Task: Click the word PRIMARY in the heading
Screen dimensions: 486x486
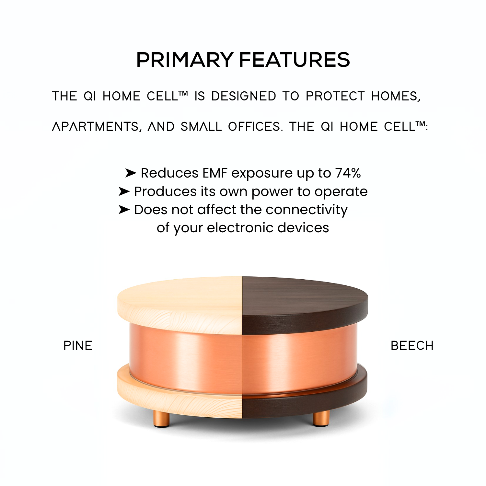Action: pos(184,60)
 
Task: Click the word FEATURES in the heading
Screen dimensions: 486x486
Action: pos(295,60)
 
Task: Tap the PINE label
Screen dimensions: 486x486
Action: pos(78,346)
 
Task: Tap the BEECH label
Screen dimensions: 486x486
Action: pos(412,346)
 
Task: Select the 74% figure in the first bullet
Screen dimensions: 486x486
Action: pos(348,173)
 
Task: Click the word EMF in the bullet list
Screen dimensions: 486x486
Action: pos(215,173)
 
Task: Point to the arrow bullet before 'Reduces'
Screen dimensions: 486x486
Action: pos(131,173)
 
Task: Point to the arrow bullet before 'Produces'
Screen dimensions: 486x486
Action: pos(124,191)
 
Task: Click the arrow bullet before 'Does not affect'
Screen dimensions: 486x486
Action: pos(124,210)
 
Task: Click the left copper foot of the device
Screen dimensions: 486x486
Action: pos(161,418)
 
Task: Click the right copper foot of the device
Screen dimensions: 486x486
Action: pos(321,418)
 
